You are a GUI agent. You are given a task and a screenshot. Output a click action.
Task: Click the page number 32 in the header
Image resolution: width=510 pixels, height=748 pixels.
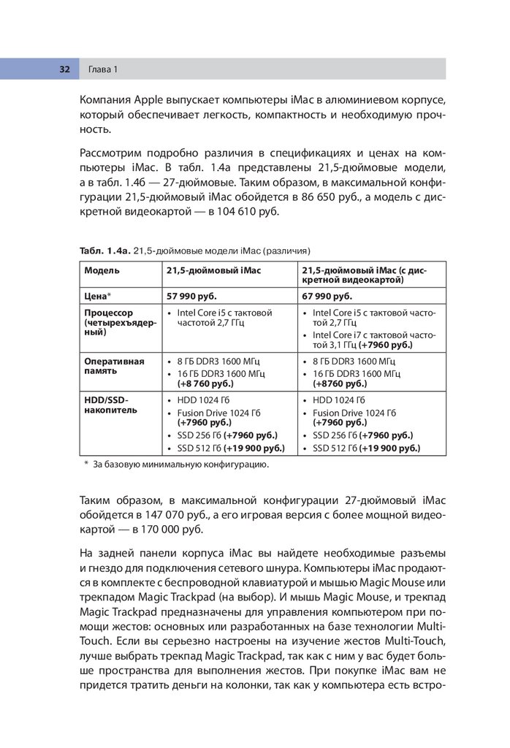(x=64, y=69)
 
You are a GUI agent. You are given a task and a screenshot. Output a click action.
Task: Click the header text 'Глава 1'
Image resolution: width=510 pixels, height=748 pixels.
(x=103, y=69)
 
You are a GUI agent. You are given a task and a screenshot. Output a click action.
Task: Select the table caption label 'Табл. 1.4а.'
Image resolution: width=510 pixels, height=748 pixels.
(x=105, y=251)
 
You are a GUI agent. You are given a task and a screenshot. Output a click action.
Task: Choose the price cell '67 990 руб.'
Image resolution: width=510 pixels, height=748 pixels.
(x=327, y=297)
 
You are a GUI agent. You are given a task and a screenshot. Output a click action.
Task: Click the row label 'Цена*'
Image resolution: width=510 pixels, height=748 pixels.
(x=98, y=297)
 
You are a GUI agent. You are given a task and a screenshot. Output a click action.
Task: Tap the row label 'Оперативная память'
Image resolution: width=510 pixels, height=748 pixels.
(x=114, y=366)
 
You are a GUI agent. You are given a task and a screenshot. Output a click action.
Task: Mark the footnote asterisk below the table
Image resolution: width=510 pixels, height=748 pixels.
(x=86, y=464)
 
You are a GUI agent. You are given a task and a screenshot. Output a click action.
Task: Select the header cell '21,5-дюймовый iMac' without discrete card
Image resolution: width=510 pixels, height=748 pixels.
(x=213, y=270)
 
